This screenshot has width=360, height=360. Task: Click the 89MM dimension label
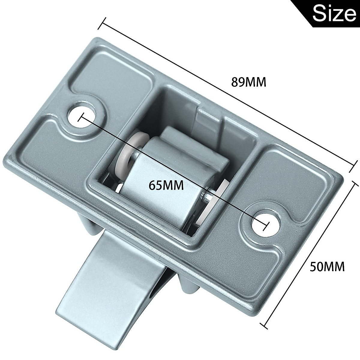point(249,82)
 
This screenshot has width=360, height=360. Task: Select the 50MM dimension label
point(327,266)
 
